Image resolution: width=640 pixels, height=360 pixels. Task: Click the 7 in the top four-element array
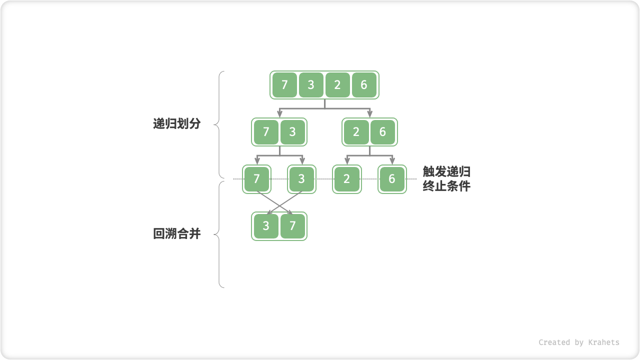coord(284,85)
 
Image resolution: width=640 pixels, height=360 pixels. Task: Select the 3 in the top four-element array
coord(311,85)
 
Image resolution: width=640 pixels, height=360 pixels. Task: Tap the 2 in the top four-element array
coord(337,85)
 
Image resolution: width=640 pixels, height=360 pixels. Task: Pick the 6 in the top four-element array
coord(364,85)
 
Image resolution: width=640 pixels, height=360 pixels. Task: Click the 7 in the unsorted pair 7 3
coord(266,132)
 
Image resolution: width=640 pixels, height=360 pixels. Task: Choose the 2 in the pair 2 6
coord(356,132)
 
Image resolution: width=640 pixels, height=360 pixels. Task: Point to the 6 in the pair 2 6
coord(382,132)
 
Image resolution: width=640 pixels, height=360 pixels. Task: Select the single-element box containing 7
coord(256,179)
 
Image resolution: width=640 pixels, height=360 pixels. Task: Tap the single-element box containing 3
coord(301,179)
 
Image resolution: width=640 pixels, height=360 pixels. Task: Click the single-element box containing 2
coord(347,179)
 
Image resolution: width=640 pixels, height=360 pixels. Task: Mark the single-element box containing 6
coord(392,179)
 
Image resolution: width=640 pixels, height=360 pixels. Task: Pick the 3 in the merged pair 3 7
coord(266,226)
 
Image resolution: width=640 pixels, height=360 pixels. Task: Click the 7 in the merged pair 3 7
coord(292,226)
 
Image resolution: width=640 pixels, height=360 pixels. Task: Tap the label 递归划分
coord(176,124)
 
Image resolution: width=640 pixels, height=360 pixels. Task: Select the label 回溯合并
coord(176,233)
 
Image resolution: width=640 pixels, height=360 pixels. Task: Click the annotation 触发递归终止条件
coord(446,179)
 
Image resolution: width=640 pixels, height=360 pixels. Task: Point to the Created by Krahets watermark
coord(578,342)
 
